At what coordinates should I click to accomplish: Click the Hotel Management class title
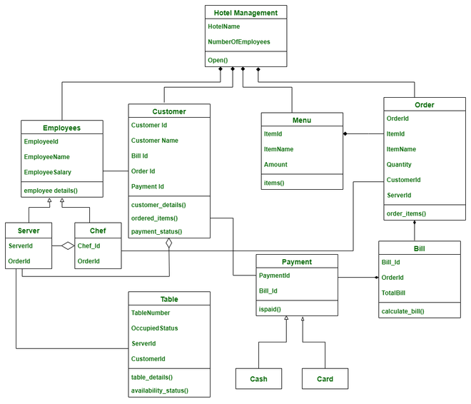[x=245, y=11]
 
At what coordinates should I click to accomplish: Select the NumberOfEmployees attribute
[x=239, y=42]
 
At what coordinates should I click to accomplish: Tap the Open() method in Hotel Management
[x=218, y=60]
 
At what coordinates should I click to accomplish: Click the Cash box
[x=258, y=378]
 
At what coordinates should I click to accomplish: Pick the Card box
[x=325, y=378]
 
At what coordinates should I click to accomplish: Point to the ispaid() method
[x=269, y=309]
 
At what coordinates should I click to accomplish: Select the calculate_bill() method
[x=403, y=311]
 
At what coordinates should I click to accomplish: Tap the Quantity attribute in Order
[x=399, y=164]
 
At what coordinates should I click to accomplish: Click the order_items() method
[x=406, y=213]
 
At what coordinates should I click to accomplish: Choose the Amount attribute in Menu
[x=275, y=164]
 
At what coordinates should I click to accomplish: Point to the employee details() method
[x=51, y=191]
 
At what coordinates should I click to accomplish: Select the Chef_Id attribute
[x=89, y=246]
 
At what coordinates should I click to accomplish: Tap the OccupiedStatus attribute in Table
[x=154, y=328]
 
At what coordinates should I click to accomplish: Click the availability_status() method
[x=159, y=390]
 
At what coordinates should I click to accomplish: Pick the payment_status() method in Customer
[x=156, y=231]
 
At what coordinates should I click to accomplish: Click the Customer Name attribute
[x=155, y=141]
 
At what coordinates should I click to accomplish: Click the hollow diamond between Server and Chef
[x=67, y=246]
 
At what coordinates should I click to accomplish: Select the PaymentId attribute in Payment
[x=274, y=275]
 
